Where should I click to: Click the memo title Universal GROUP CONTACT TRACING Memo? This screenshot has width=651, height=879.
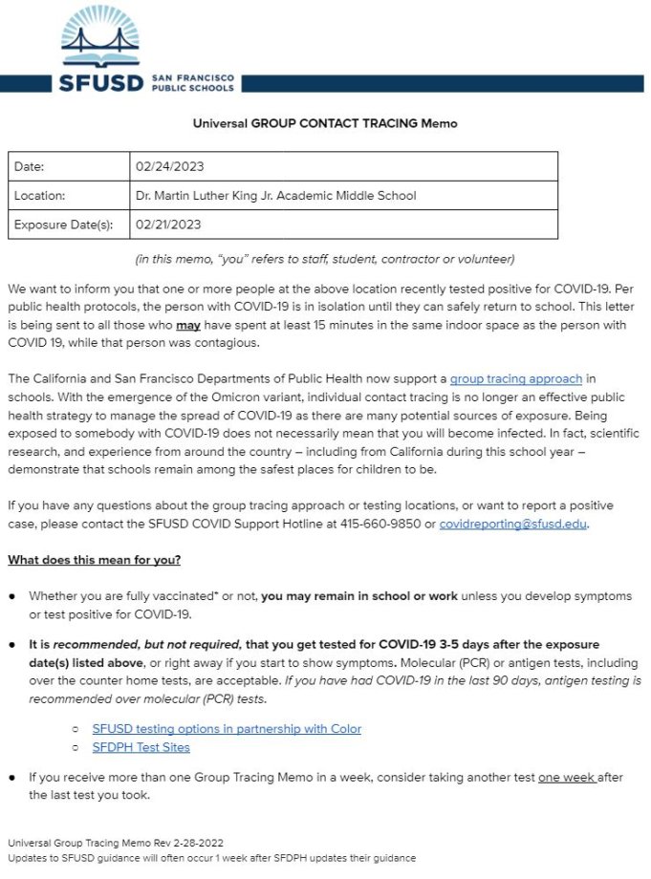tap(325, 123)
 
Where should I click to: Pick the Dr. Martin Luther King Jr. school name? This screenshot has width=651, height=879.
tap(276, 196)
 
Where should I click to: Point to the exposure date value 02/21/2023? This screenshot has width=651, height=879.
tap(168, 225)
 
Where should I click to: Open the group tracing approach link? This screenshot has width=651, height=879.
tap(515, 379)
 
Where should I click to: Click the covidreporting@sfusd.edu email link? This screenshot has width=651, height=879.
tap(513, 524)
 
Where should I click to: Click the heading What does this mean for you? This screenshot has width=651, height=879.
tap(94, 559)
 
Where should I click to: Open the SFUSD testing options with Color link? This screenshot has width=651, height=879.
tap(227, 728)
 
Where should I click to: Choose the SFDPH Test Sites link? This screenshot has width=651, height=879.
tap(141, 747)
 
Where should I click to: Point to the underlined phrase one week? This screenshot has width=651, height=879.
tap(566, 778)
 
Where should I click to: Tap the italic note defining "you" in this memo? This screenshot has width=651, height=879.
tap(325, 259)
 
